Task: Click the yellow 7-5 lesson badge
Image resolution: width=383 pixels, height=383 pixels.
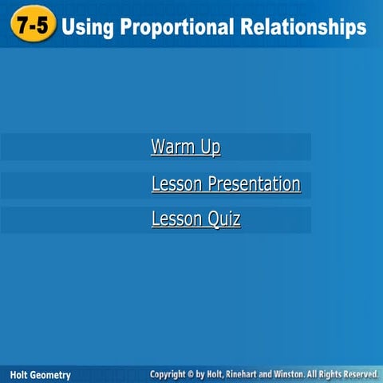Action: pos(34,27)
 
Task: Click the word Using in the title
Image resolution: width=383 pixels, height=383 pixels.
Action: pos(87,28)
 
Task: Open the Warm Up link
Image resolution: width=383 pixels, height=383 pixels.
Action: pos(185,148)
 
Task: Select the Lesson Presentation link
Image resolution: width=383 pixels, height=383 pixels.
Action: pos(226,184)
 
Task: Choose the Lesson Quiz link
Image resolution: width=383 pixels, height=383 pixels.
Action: pos(195,219)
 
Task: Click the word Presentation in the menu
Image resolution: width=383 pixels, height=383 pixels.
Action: pos(254,184)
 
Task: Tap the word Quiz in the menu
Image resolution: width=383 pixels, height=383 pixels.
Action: pos(224,219)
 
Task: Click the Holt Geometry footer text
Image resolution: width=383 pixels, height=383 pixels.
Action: pos(40,374)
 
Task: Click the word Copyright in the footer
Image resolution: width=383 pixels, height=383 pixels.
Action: pos(172,373)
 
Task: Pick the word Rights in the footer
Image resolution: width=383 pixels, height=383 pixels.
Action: pos(335,373)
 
